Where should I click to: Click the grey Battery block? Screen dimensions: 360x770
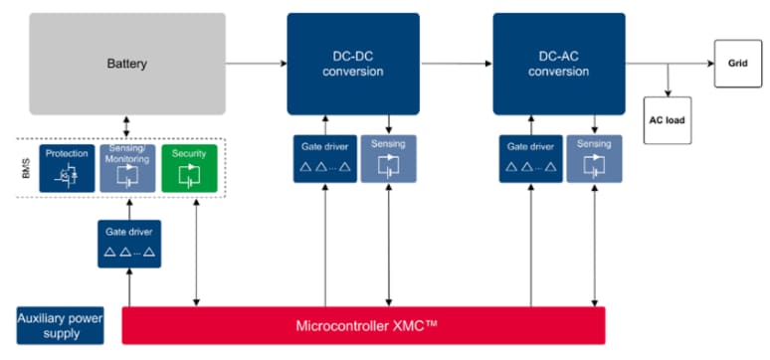(126, 64)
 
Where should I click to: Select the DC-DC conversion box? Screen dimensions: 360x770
(352, 64)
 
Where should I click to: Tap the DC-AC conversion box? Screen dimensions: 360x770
(557, 64)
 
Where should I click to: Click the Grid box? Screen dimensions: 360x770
(736, 63)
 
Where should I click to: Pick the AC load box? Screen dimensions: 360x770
(668, 120)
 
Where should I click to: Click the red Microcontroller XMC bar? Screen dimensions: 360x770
(363, 325)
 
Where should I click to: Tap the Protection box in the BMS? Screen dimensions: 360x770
(68, 168)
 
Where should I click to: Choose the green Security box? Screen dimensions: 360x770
(189, 168)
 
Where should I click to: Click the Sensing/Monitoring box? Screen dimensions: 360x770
(128, 168)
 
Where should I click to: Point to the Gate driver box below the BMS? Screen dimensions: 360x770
(128, 244)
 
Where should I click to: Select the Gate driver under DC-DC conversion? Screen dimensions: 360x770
(324, 158)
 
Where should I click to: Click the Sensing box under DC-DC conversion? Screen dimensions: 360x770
(388, 158)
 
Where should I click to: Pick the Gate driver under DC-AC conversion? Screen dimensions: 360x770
(530, 158)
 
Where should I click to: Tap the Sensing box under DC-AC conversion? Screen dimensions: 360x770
(594, 158)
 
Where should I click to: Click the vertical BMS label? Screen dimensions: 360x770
(27, 169)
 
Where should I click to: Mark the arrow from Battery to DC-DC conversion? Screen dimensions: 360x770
(257, 64)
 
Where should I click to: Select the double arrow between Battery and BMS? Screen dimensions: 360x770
(126, 126)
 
